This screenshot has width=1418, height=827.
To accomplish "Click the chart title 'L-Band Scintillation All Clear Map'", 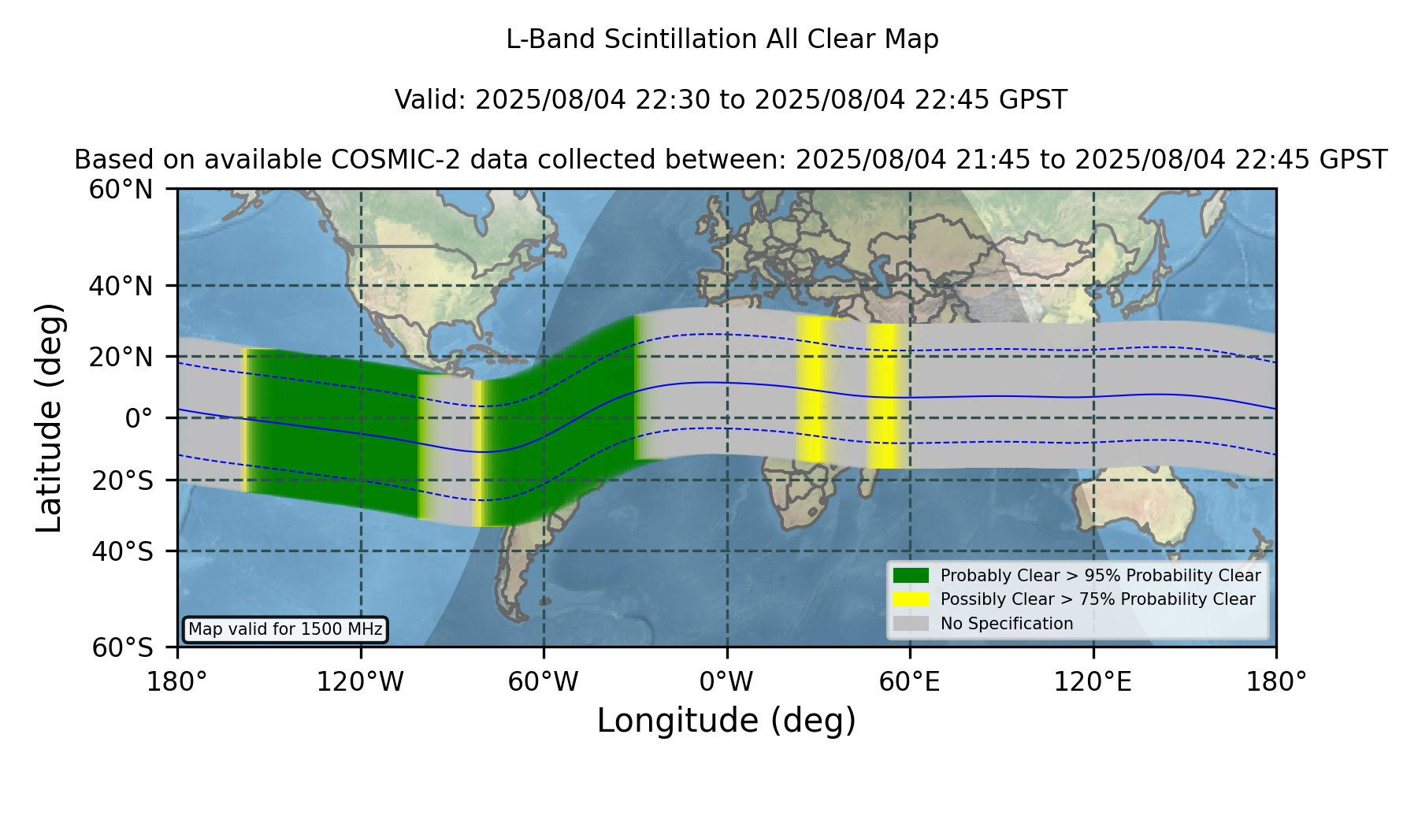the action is [x=722, y=39].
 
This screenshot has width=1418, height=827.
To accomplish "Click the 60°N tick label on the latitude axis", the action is [x=121, y=190].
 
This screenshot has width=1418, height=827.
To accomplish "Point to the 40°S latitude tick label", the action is [x=122, y=551].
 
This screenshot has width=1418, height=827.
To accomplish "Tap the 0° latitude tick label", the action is [x=139, y=418].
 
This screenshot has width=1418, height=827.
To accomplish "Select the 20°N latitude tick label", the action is [x=121, y=357].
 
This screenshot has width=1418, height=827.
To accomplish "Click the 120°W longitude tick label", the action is [x=360, y=681].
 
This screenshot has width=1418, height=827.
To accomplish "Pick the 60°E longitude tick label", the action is [x=909, y=681].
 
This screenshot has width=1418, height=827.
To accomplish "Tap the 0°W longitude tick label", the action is [x=726, y=681].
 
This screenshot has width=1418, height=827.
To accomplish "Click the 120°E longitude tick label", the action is [x=1093, y=681].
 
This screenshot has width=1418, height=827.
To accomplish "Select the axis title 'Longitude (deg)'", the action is [x=726, y=721].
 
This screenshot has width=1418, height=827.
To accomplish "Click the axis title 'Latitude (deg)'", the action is [x=50, y=417].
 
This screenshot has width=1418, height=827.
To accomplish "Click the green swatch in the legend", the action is [x=911, y=575].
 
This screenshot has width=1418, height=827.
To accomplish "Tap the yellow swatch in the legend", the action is [x=911, y=599].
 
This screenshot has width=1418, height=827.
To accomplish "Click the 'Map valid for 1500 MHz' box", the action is [x=285, y=629].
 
